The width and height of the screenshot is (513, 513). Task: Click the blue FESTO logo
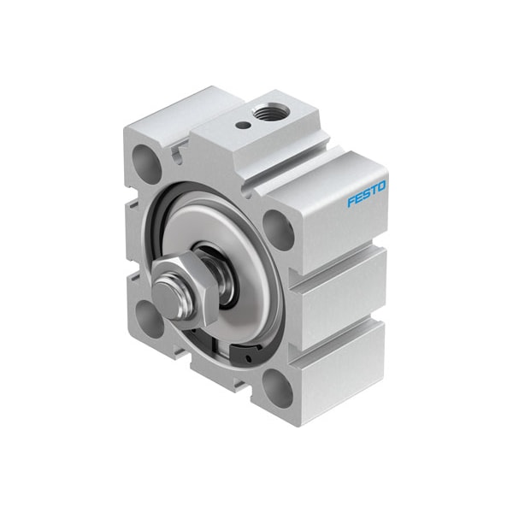click(367, 194)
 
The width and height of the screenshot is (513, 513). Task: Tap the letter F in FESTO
click(351, 202)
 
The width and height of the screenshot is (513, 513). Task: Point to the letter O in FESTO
click(381, 186)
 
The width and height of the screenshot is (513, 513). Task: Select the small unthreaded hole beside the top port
click(244, 125)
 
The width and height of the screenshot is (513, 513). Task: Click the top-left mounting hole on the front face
click(147, 163)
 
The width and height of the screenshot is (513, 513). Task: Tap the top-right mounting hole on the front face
click(278, 230)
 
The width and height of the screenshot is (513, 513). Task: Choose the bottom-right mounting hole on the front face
click(277, 387)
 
